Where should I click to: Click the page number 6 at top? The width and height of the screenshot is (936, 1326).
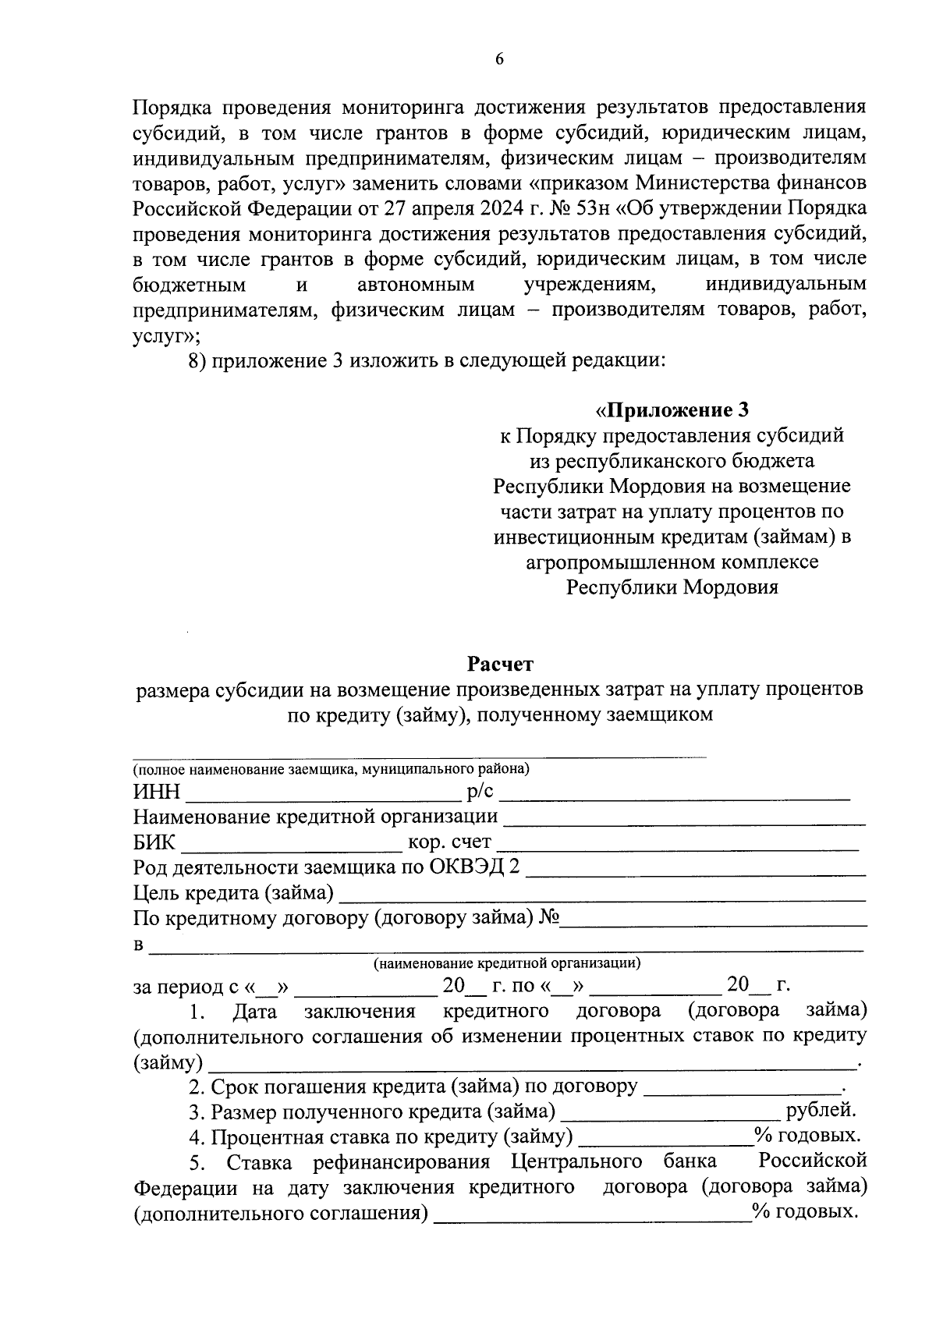(x=499, y=60)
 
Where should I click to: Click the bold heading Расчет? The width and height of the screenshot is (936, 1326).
(x=500, y=664)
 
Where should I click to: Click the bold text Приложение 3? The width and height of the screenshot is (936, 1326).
(x=678, y=409)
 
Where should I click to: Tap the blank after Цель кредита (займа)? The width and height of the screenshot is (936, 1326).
(x=602, y=895)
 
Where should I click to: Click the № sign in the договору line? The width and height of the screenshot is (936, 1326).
(x=549, y=917)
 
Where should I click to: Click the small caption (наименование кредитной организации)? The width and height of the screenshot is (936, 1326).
(x=507, y=963)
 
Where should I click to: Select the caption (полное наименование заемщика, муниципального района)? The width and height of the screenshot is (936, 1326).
(x=331, y=769)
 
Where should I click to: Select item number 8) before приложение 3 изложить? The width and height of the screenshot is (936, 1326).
(x=197, y=361)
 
